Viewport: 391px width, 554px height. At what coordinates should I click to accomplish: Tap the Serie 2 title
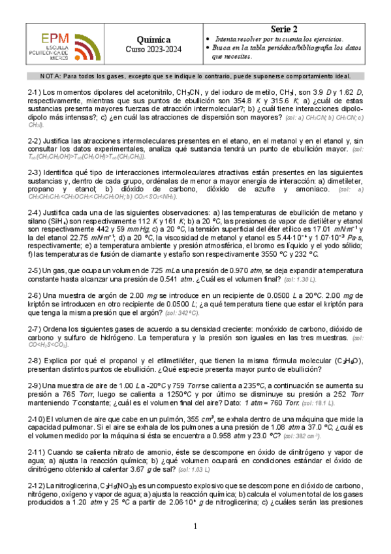285,29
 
